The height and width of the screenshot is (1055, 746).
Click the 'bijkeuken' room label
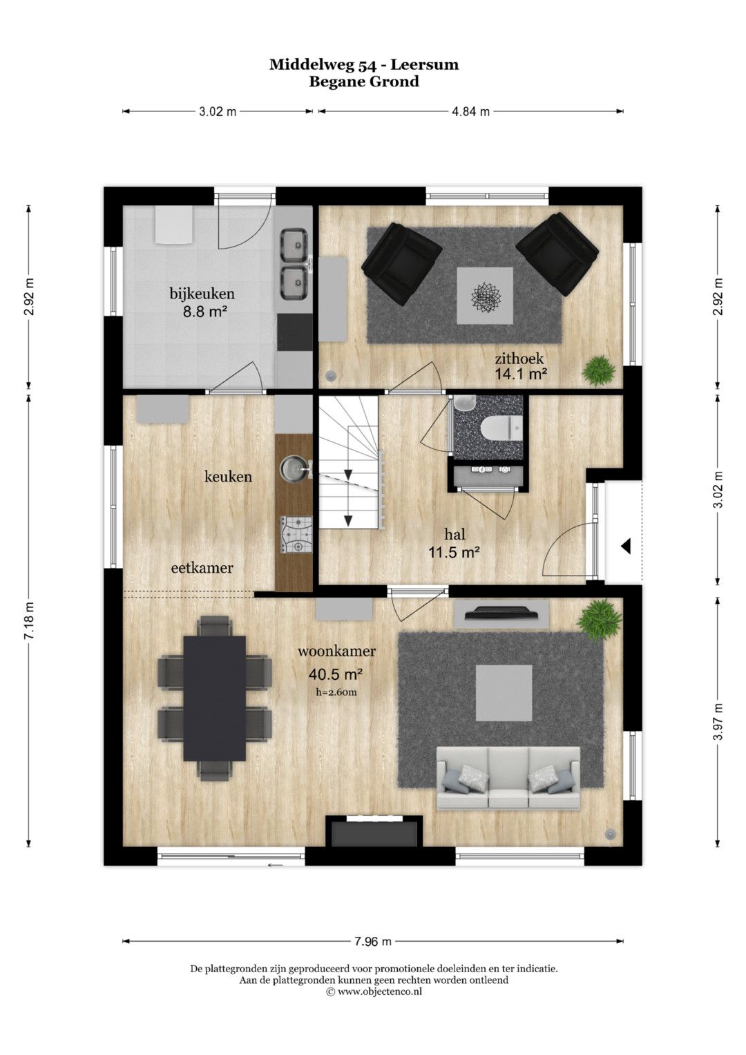coord(202,294)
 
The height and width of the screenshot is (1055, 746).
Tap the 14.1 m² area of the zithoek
coord(520,374)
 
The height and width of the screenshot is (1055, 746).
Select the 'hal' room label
coord(455,534)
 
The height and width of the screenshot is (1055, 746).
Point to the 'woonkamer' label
coord(337,652)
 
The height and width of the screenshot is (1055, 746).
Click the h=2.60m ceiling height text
coord(337,692)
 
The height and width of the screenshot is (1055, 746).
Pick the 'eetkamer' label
coord(202,568)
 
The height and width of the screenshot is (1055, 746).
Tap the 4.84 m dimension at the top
coord(470,112)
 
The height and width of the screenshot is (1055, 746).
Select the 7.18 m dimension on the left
coord(29,620)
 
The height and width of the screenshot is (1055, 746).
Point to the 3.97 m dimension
coord(717,721)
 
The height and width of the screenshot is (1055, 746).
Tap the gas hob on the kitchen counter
coord(296,534)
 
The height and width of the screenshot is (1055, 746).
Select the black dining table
coord(215,698)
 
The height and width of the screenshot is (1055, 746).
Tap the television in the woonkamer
coord(502,614)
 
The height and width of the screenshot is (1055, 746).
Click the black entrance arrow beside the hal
coord(626,546)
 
